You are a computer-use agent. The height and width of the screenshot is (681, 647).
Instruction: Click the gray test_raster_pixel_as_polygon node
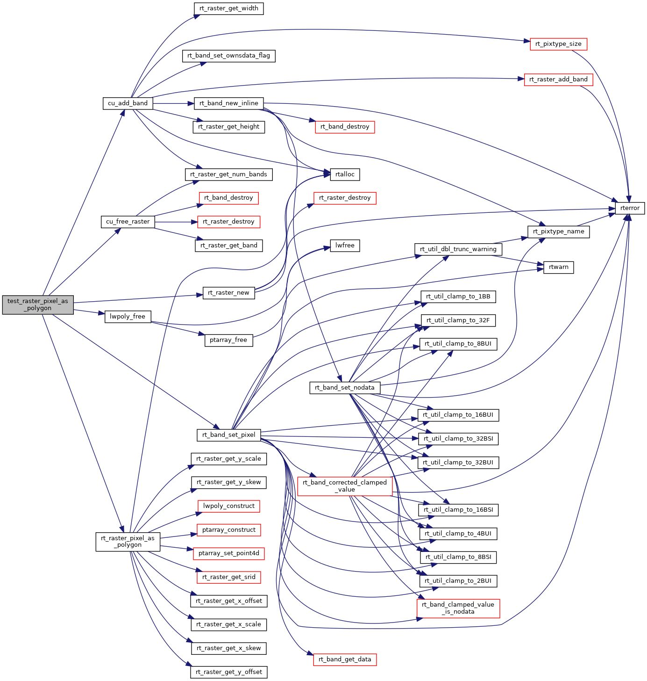tap(38, 304)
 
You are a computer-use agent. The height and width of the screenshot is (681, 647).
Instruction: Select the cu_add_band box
tap(128, 103)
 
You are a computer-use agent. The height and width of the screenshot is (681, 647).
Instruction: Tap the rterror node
tap(630, 208)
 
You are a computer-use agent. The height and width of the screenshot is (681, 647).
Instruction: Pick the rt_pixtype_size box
tap(558, 44)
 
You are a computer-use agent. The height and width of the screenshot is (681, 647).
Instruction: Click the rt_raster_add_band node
tap(558, 80)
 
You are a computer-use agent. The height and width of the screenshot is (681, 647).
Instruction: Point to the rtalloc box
tap(345, 174)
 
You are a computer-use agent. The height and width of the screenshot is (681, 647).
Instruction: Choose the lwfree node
tap(345, 246)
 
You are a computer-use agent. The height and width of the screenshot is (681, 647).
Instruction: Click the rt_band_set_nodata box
tap(345, 388)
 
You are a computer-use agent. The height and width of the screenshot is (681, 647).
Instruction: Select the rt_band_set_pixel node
tap(228, 435)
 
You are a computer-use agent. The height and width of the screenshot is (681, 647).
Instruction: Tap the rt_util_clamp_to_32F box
tap(458, 320)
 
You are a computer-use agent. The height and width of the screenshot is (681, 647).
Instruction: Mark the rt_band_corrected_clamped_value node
tap(345, 486)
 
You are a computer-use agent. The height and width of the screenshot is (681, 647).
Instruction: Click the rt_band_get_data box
tap(345, 659)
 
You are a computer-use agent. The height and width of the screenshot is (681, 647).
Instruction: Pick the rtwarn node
tap(558, 267)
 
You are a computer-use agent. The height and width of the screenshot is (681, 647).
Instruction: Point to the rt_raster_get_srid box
tap(228, 577)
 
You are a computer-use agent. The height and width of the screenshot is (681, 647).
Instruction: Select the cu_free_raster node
tap(128, 222)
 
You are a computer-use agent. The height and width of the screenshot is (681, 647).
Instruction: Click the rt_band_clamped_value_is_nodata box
tap(458, 608)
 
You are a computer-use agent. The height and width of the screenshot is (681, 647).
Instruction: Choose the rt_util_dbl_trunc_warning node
tap(458, 249)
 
